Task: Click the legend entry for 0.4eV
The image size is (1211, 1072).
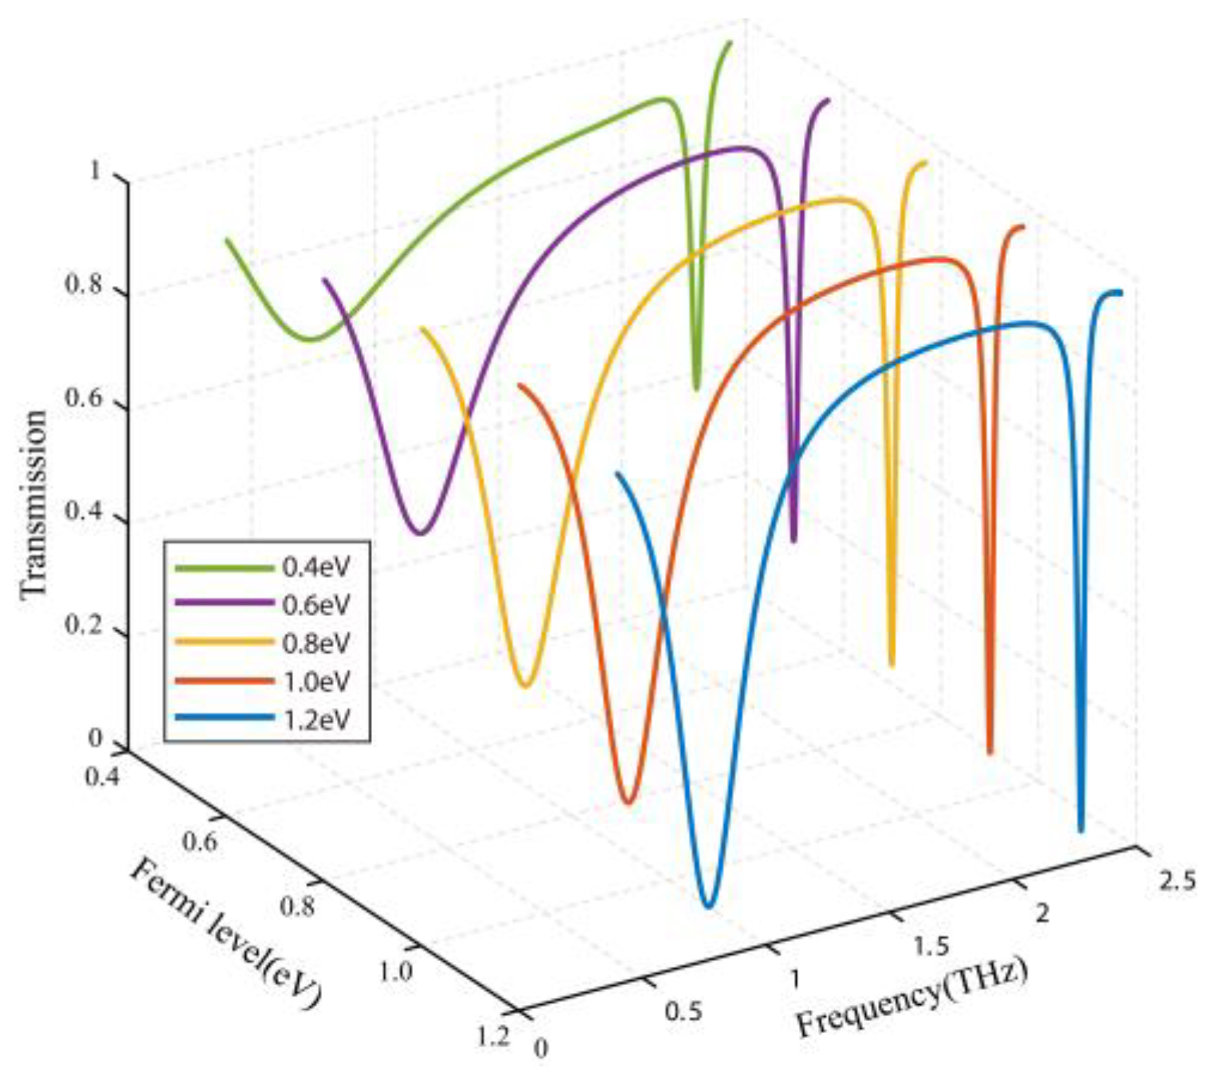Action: (315, 567)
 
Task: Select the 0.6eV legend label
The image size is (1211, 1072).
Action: (315, 605)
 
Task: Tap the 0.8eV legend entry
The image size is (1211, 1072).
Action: (315, 643)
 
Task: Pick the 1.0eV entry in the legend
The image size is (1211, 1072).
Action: (315, 681)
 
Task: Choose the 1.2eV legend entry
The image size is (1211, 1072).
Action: (315, 719)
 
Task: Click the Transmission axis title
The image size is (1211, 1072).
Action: (33, 504)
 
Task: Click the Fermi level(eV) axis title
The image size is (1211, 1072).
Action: (225, 933)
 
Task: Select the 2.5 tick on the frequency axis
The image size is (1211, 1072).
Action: (1178, 880)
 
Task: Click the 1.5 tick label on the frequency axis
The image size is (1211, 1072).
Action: (931, 945)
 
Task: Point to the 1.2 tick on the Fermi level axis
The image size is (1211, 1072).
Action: (492, 1035)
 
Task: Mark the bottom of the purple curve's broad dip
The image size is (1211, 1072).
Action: (421, 532)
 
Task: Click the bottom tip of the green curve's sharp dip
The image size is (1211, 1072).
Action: (696, 388)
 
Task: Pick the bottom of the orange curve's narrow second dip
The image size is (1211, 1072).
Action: (990, 751)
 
